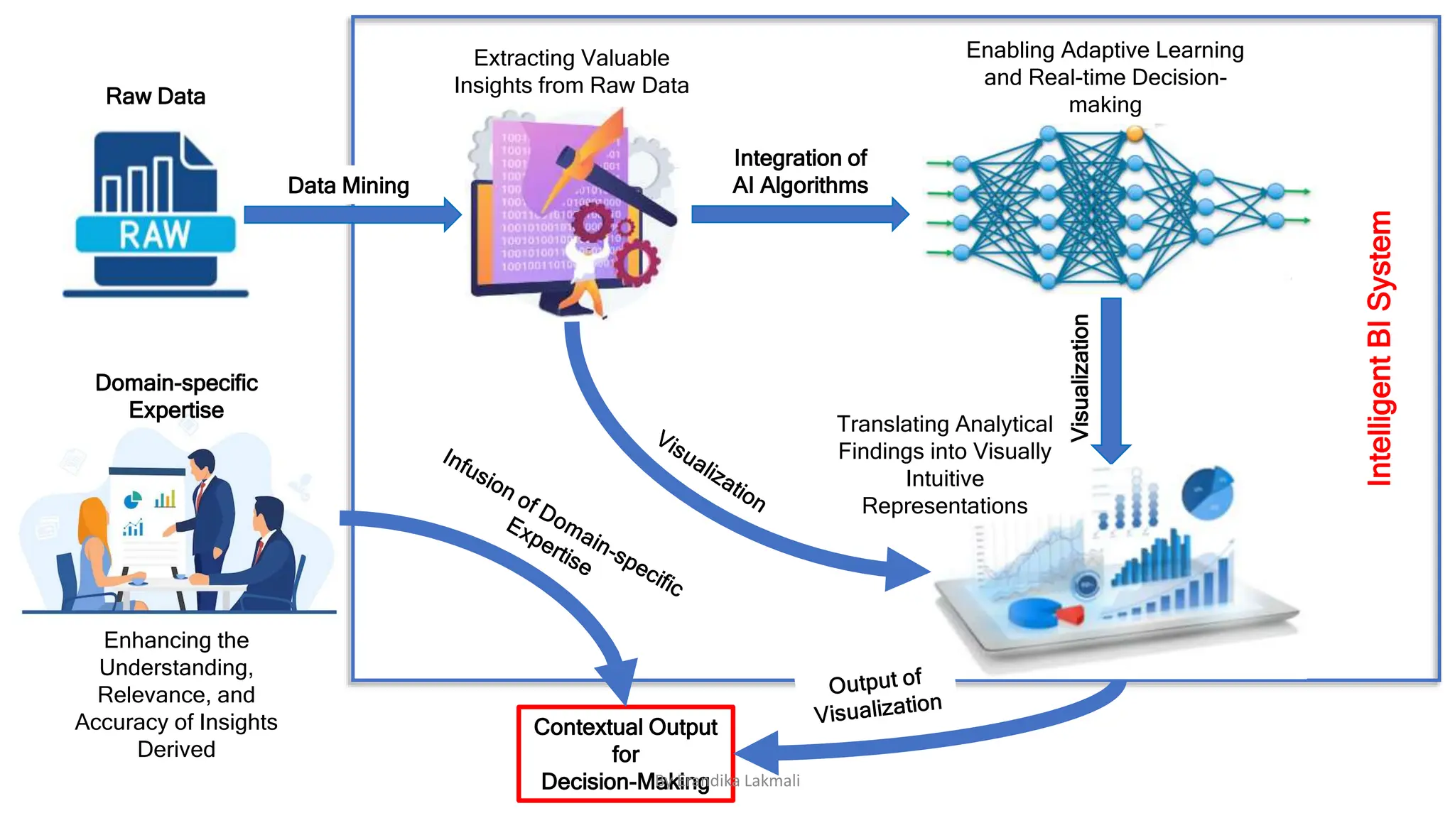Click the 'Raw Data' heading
(156, 97)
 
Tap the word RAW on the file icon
(155, 235)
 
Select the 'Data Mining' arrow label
(348, 186)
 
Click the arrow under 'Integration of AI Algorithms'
(799, 214)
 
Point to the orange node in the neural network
(1135, 133)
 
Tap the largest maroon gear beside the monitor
(637, 262)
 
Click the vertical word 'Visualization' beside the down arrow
(1080, 377)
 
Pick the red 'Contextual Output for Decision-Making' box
(625, 754)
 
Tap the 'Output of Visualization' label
(877, 696)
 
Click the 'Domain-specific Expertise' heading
(176, 396)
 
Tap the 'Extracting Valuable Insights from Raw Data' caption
(571, 72)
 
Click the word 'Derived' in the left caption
(176, 750)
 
